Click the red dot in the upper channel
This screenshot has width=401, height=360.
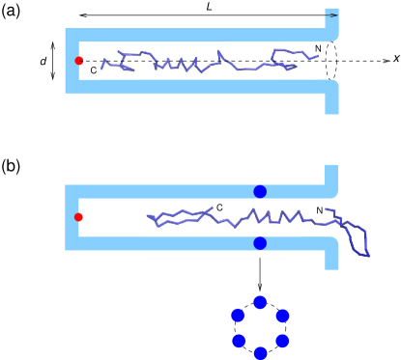click(79, 61)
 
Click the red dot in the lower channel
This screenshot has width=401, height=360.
click(78, 217)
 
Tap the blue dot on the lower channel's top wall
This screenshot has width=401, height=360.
click(260, 191)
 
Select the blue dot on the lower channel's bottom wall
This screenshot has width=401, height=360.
click(260, 243)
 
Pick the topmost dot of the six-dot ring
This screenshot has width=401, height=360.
click(260, 302)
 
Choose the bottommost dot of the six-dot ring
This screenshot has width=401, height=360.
click(260, 353)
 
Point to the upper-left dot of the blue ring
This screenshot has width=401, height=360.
click(238, 315)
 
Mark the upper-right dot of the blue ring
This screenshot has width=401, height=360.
click(282, 316)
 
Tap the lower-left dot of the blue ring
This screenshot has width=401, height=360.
click(239, 341)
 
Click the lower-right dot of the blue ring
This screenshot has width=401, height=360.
click(282, 341)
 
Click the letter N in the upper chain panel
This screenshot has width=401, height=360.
click(318, 49)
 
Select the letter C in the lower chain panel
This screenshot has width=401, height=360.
click(219, 208)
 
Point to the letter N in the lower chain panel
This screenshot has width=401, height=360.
click(320, 210)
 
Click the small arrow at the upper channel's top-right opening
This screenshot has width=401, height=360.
click(330, 15)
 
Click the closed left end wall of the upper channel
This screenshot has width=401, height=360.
click(71, 61)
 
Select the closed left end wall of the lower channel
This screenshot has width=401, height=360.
click(71, 217)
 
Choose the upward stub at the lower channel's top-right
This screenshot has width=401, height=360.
click(331, 178)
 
